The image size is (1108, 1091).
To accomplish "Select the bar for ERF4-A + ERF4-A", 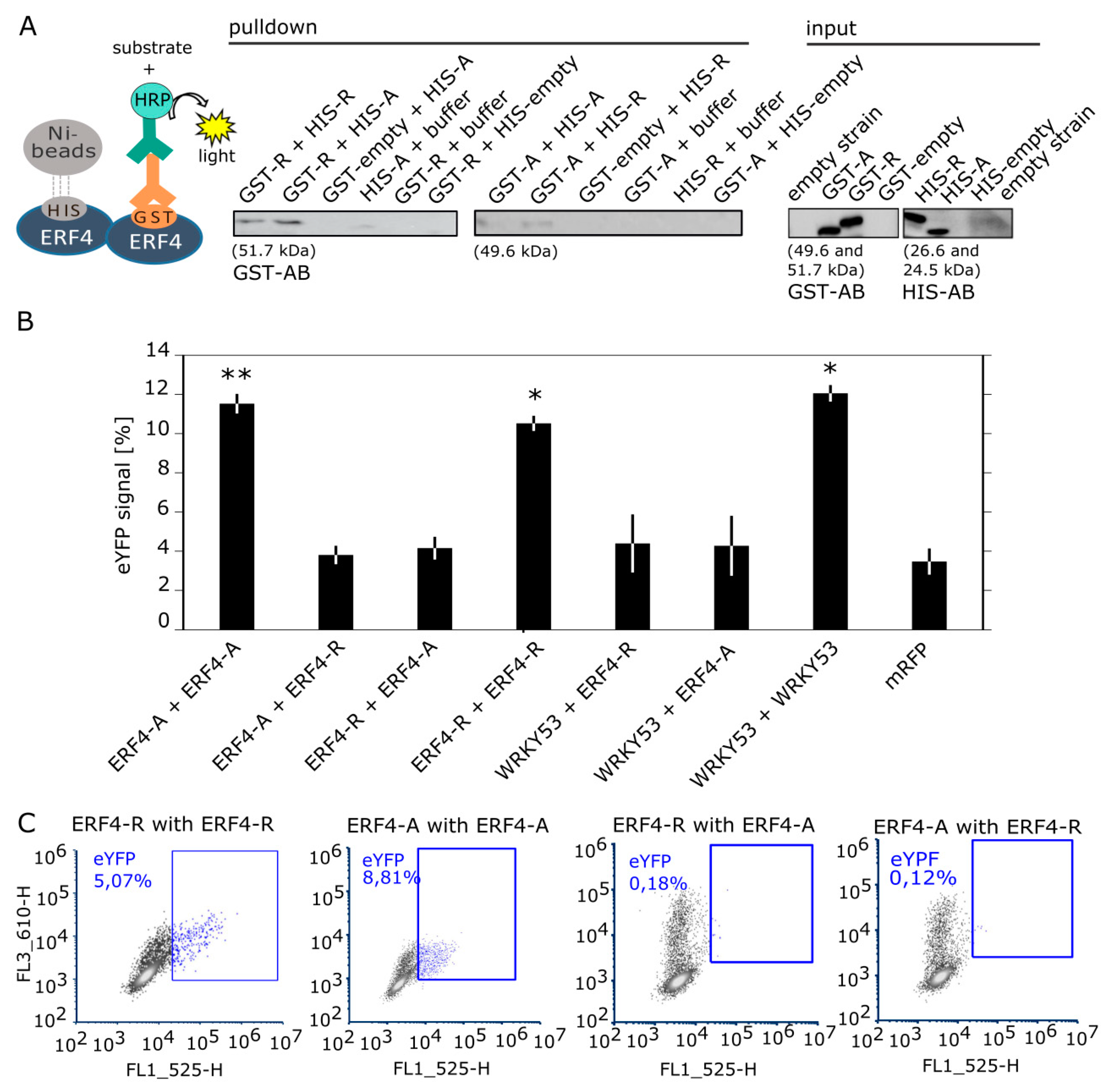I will (x=237, y=516).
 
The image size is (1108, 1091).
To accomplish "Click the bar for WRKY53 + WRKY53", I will (x=830, y=510).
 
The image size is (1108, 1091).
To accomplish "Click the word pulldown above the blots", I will (x=273, y=28).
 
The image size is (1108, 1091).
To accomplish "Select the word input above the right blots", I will (x=831, y=29).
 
